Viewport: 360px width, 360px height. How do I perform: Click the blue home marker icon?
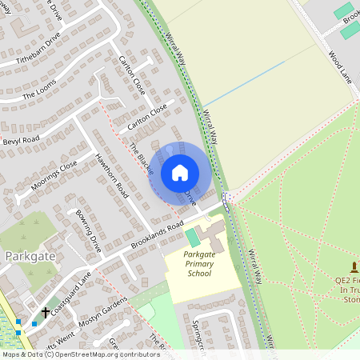tap(180, 173)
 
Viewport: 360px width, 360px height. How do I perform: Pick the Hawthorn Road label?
tap(112, 175)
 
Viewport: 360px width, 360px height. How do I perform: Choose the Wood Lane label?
tap(340, 66)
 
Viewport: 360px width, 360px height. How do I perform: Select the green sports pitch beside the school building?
tap(193, 238)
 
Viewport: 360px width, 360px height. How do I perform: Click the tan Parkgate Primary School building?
tap(214, 238)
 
